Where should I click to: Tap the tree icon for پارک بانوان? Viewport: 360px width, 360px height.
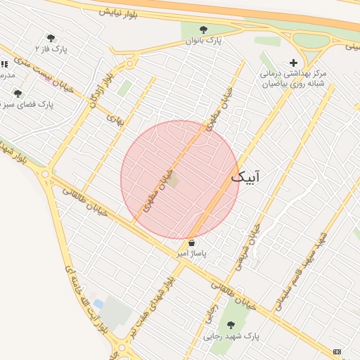pyautogui.click(x=203, y=30)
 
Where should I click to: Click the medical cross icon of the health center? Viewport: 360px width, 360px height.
pyautogui.click(x=293, y=63)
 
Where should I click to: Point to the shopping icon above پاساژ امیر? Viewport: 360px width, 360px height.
pyautogui.click(x=192, y=243)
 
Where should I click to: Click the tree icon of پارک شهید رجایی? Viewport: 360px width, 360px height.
pyautogui.click(x=231, y=324)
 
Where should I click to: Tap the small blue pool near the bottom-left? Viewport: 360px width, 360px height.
pyautogui.click(x=98, y=304)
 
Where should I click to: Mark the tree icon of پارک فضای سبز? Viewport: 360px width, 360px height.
pyautogui.click(x=18, y=94)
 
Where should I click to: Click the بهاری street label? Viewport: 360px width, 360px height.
pyautogui.click(x=115, y=120)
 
